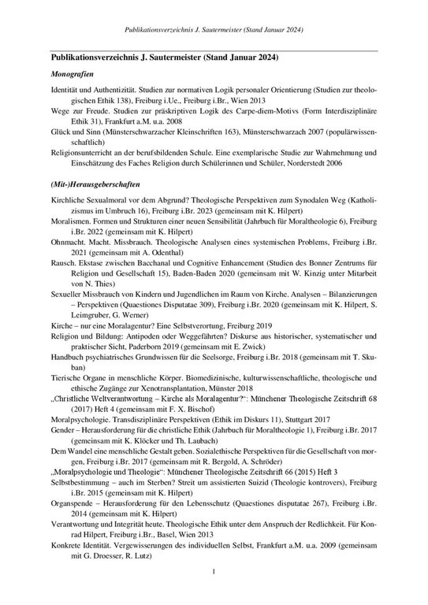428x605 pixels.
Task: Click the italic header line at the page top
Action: pyautogui.click(x=214, y=31)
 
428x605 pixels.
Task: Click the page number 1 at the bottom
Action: pyautogui.click(x=214, y=592)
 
